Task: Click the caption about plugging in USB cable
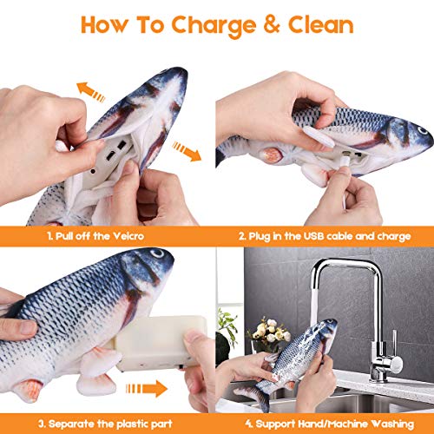[325, 233]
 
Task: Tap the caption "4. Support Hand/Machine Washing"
[325, 423]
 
